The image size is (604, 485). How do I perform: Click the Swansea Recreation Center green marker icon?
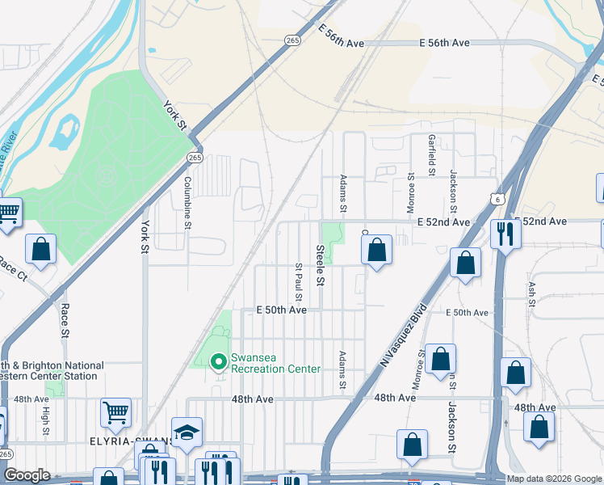(217, 361)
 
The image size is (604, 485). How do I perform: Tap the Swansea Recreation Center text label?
(275, 363)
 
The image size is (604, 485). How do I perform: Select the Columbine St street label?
(187, 203)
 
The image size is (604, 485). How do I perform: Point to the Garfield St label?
(432, 155)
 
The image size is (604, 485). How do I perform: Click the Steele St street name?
(320, 266)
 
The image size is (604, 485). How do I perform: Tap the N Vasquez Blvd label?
(401, 337)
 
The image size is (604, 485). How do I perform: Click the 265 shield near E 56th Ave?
(292, 40)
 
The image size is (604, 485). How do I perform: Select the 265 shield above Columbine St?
(195, 158)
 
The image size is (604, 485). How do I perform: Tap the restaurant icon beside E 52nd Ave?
(505, 234)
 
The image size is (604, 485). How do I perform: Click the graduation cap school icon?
(187, 433)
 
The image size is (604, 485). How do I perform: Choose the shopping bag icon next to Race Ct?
(40, 250)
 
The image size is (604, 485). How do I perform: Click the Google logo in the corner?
(26, 475)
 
